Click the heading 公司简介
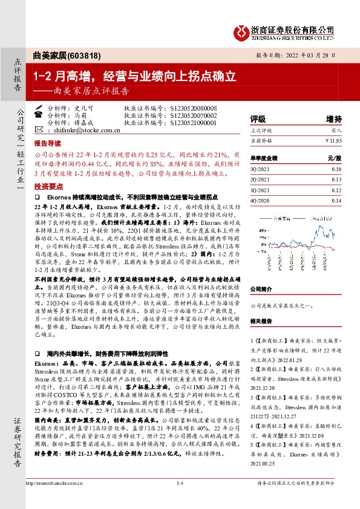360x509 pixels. (264, 289)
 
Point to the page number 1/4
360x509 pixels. (180, 499)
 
